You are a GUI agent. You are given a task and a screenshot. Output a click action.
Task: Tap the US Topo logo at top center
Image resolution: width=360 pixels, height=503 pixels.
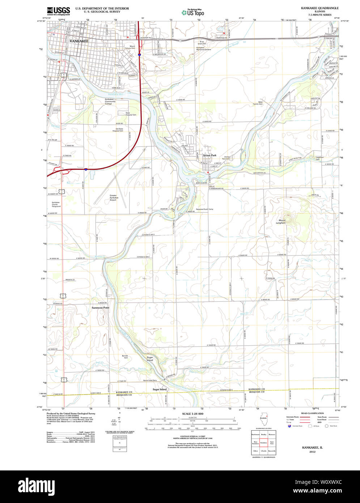(x=192, y=12)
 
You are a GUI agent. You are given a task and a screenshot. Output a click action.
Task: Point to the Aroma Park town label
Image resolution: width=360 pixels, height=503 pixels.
(x=209, y=155)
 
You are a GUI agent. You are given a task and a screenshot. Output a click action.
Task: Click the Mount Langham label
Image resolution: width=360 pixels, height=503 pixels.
(x=281, y=221)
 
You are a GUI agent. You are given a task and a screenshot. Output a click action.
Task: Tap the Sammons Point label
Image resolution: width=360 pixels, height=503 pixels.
(x=100, y=308)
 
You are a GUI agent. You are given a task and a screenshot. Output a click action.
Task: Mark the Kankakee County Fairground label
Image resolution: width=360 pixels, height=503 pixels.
(x=56, y=204)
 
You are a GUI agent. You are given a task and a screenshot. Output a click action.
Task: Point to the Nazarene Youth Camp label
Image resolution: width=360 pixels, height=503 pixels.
(x=205, y=209)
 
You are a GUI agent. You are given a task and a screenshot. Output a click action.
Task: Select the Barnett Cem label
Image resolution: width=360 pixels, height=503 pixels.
(x=125, y=357)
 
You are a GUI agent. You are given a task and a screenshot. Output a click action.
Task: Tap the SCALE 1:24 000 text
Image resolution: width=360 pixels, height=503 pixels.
(x=192, y=414)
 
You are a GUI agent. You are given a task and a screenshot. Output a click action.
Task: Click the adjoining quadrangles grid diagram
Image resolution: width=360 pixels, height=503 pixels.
(x=264, y=442)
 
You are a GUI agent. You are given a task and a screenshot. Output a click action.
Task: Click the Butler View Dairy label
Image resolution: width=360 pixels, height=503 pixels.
(x=150, y=380)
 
